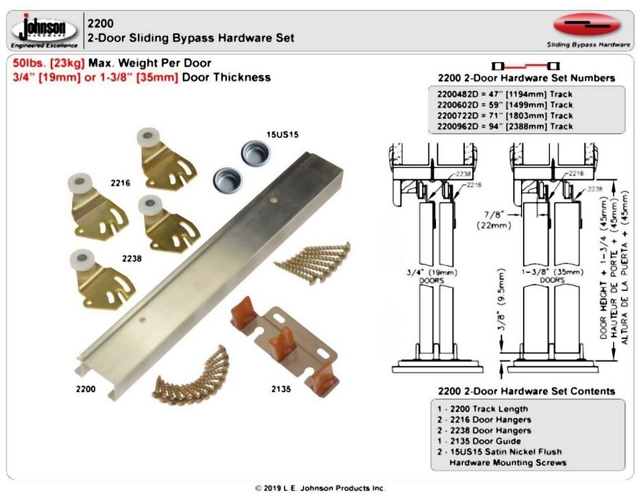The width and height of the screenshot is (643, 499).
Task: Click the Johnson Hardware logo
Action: coord(44,31)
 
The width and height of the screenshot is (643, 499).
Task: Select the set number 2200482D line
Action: coord(504,94)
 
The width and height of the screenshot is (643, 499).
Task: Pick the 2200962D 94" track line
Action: coord(504,126)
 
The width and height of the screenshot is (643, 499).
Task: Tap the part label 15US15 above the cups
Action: coord(283,134)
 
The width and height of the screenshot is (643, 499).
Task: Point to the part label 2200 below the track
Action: coord(85,388)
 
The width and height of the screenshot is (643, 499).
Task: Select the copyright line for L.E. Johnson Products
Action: coord(320,488)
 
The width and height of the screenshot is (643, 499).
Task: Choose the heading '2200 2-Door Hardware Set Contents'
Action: coord(526,391)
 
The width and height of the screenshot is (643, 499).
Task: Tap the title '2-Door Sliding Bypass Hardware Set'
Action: coord(191,38)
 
